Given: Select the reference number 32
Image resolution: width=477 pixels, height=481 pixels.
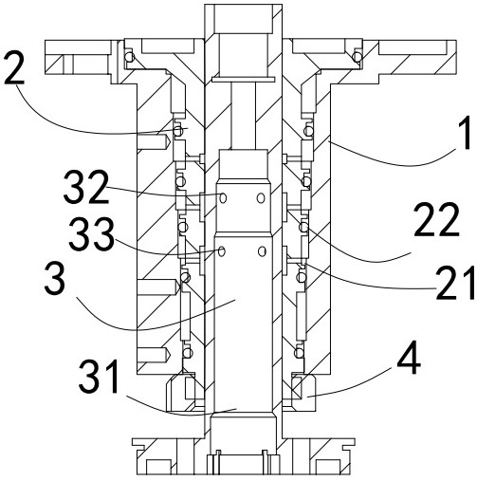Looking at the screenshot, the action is point(86,187).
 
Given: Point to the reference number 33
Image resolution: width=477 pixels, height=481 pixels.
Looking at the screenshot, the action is point(91,234).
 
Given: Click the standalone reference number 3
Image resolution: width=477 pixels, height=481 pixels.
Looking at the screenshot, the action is point(55,279).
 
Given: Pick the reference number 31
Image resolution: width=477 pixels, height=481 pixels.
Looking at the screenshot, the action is point(99,377).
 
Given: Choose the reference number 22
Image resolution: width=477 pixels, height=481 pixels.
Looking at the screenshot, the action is point(437,220).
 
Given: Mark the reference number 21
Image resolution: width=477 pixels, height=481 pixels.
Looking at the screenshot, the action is point(455,283).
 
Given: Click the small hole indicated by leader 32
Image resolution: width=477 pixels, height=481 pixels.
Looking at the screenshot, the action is point(223,197).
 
